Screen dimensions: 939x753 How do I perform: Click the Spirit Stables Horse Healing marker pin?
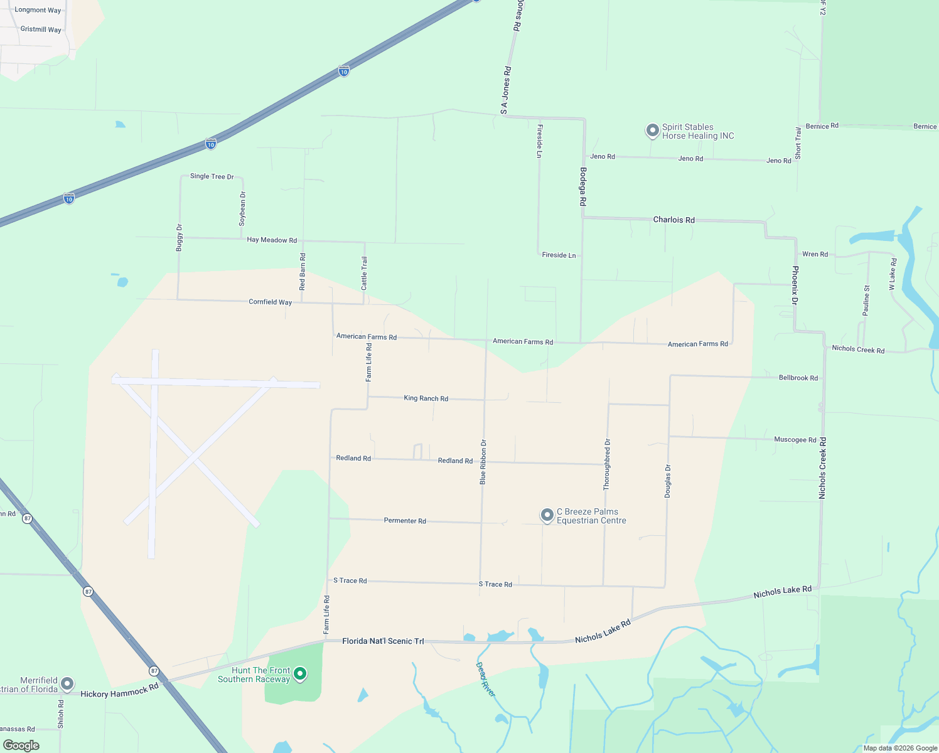pyautogui.click(x=652, y=131)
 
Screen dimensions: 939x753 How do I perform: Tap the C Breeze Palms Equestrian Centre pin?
pyautogui.click(x=547, y=515)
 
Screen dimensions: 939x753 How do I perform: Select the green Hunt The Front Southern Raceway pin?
pyautogui.click(x=300, y=674)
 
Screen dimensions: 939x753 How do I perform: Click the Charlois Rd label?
pyautogui.click(x=673, y=220)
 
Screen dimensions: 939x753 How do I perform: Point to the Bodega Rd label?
pyautogui.click(x=582, y=187)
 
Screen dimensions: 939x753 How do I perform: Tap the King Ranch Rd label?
pyautogui.click(x=426, y=398)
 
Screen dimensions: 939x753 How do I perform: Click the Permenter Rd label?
pyautogui.click(x=405, y=521)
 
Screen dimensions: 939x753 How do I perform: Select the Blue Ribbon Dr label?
pyautogui.click(x=483, y=462)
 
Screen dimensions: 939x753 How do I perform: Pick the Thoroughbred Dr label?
pyautogui.click(x=606, y=464)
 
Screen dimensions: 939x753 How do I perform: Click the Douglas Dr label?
pyautogui.click(x=668, y=481)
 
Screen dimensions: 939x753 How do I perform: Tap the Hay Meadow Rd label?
pyautogui.click(x=272, y=240)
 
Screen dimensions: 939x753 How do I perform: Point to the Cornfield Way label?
pyautogui.click(x=270, y=302)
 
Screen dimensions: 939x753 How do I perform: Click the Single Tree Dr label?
pyautogui.click(x=212, y=176)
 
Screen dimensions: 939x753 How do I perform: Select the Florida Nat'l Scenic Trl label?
pyautogui.click(x=383, y=641)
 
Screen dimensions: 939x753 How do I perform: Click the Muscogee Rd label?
pyautogui.click(x=795, y=440)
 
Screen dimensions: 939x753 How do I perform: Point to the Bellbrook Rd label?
pyautogui.click(x=798, y=378)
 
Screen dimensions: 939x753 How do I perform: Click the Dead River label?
pyautogui.click(x=485, y=679)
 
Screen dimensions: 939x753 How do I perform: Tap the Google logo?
pyautogui.click(x=21, y=745)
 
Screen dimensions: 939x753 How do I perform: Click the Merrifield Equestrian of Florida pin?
pyautogui.click(x=67, y=684)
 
